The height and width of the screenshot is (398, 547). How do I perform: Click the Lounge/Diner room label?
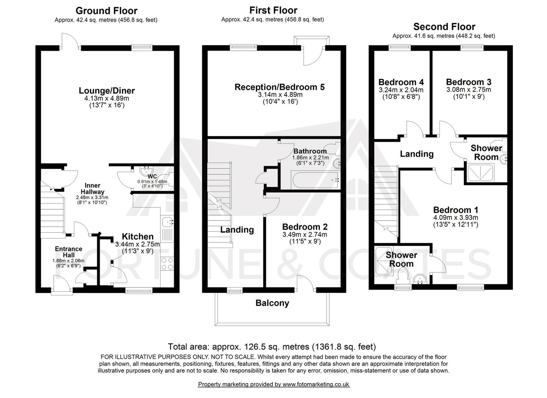click(107, 91)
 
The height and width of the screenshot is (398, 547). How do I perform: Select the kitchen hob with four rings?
click(168, 263)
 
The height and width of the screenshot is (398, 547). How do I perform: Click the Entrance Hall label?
click(69, 252)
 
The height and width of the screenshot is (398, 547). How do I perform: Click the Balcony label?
click(272, 303)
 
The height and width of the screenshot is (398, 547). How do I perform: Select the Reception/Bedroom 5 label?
click(280, 87)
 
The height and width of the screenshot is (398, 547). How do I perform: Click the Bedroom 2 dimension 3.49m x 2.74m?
click(305, 235)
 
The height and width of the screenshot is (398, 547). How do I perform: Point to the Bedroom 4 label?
click(401, 82)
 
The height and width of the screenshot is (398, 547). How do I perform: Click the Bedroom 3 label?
click(469, 82)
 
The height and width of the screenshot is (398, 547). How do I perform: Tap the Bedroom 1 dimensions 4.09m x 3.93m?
click(456, 218)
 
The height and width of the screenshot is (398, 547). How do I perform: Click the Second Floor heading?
click(444, 27)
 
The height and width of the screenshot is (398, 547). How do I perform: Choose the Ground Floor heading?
click(106, 11)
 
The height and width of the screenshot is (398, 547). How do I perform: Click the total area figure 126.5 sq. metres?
click(271, 347)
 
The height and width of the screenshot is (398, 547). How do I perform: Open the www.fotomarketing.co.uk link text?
click(316, 384)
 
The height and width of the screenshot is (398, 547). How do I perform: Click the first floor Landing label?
click(237, 230)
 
